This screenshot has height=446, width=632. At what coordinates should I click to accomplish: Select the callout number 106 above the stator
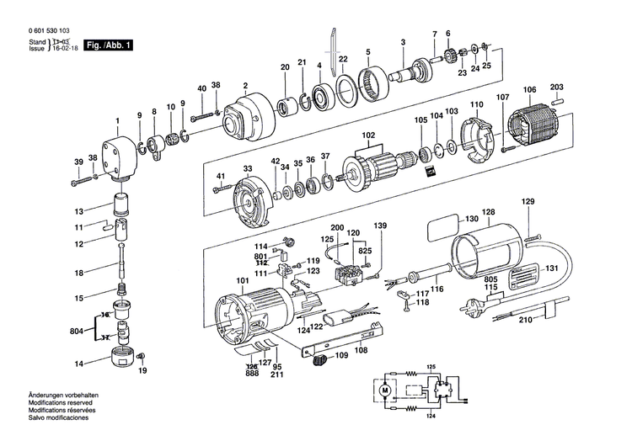point(529,90)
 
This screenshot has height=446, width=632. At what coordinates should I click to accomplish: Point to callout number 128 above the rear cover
point(489,212)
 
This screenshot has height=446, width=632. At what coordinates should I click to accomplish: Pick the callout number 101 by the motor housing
point(243,280)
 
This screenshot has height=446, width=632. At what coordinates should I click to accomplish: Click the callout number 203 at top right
point(581,87)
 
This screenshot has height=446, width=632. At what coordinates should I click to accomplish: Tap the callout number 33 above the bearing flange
point(248,169)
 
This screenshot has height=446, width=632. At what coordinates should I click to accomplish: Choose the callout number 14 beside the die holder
point(78,364)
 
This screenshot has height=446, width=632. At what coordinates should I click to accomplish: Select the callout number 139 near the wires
point(381,226)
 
